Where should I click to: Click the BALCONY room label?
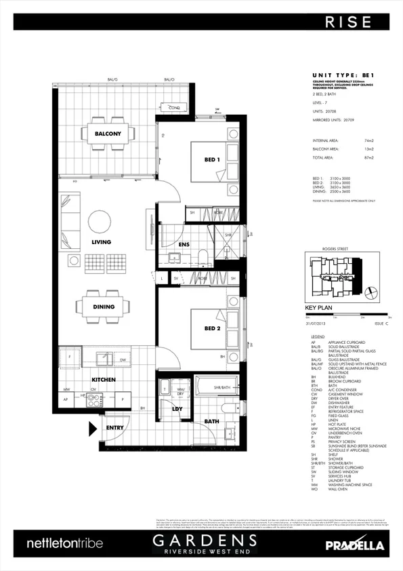pyautogui.click(x=108, y=134)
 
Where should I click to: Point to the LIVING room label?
pyautogui.click(x=101, y=242)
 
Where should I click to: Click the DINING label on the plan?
pyautogui.click(x=104, y=307)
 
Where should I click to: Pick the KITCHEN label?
pyautogui.click(x=103, y=380)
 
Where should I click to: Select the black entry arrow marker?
pyautogui.click(x=93, y=428)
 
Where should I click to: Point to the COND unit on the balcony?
pyautogui.click(x=174, y=107)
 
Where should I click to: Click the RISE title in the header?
pyautogui.click(x=348, y=22)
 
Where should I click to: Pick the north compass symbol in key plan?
pyautogui.click(x=370, y=292)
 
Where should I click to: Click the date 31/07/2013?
pyautogui.click(x=317, y=324)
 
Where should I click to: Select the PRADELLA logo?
pyautogui.click(x=354, y=545)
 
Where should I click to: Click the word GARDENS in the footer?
pyautogui.click(x=204, y=540)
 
